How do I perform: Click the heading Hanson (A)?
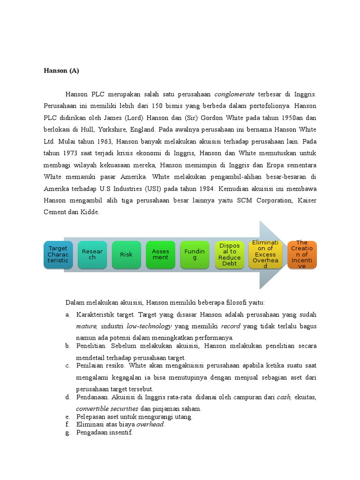click(x=61, y=71)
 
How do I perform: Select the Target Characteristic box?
click(x=58, y=255)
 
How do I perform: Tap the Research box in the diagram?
click(x=92, y=255)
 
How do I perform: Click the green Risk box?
click(x=126, y=255)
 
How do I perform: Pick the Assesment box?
click(x=160, y=255)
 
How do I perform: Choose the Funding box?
click(x=195, y=255)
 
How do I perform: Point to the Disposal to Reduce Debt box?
click(x=229, y=255)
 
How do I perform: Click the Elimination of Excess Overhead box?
click(x=265, y=255)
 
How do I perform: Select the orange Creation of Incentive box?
click(x=302, y=255)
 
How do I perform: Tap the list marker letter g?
click(x=67, y=433)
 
